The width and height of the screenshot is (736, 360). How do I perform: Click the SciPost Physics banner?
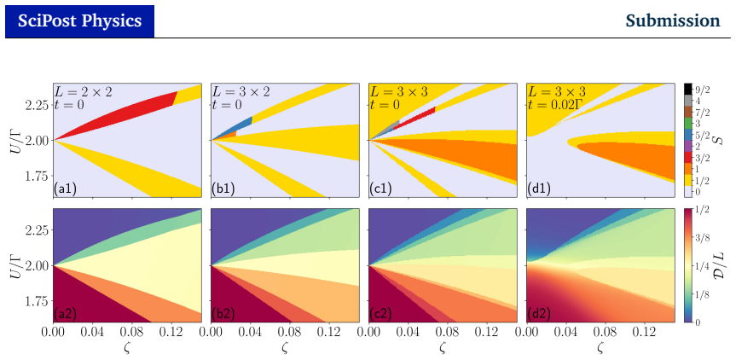point(79,21)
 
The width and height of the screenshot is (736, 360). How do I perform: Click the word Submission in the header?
point(673,20)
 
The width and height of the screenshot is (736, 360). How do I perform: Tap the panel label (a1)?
point(66,189)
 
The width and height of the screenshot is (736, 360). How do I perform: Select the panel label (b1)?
point(223,189)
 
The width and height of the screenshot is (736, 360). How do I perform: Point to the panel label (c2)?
point(381,315)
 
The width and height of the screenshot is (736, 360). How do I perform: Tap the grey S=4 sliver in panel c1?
point(387,128)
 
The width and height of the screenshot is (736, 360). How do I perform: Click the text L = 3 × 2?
point(241,91)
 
